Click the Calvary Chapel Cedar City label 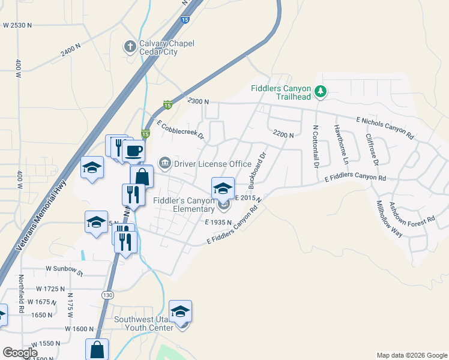point(158,47)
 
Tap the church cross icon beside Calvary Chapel point(130,46)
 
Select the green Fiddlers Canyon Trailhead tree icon point(321,91)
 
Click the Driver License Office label point(212,164)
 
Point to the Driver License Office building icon point(164,163)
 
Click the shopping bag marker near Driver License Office point(142,177)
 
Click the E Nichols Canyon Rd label point(385,127)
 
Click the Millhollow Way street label point(388,219)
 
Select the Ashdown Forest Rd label point(411,213)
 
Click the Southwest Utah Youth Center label point(144,323)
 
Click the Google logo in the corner point(20,353)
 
